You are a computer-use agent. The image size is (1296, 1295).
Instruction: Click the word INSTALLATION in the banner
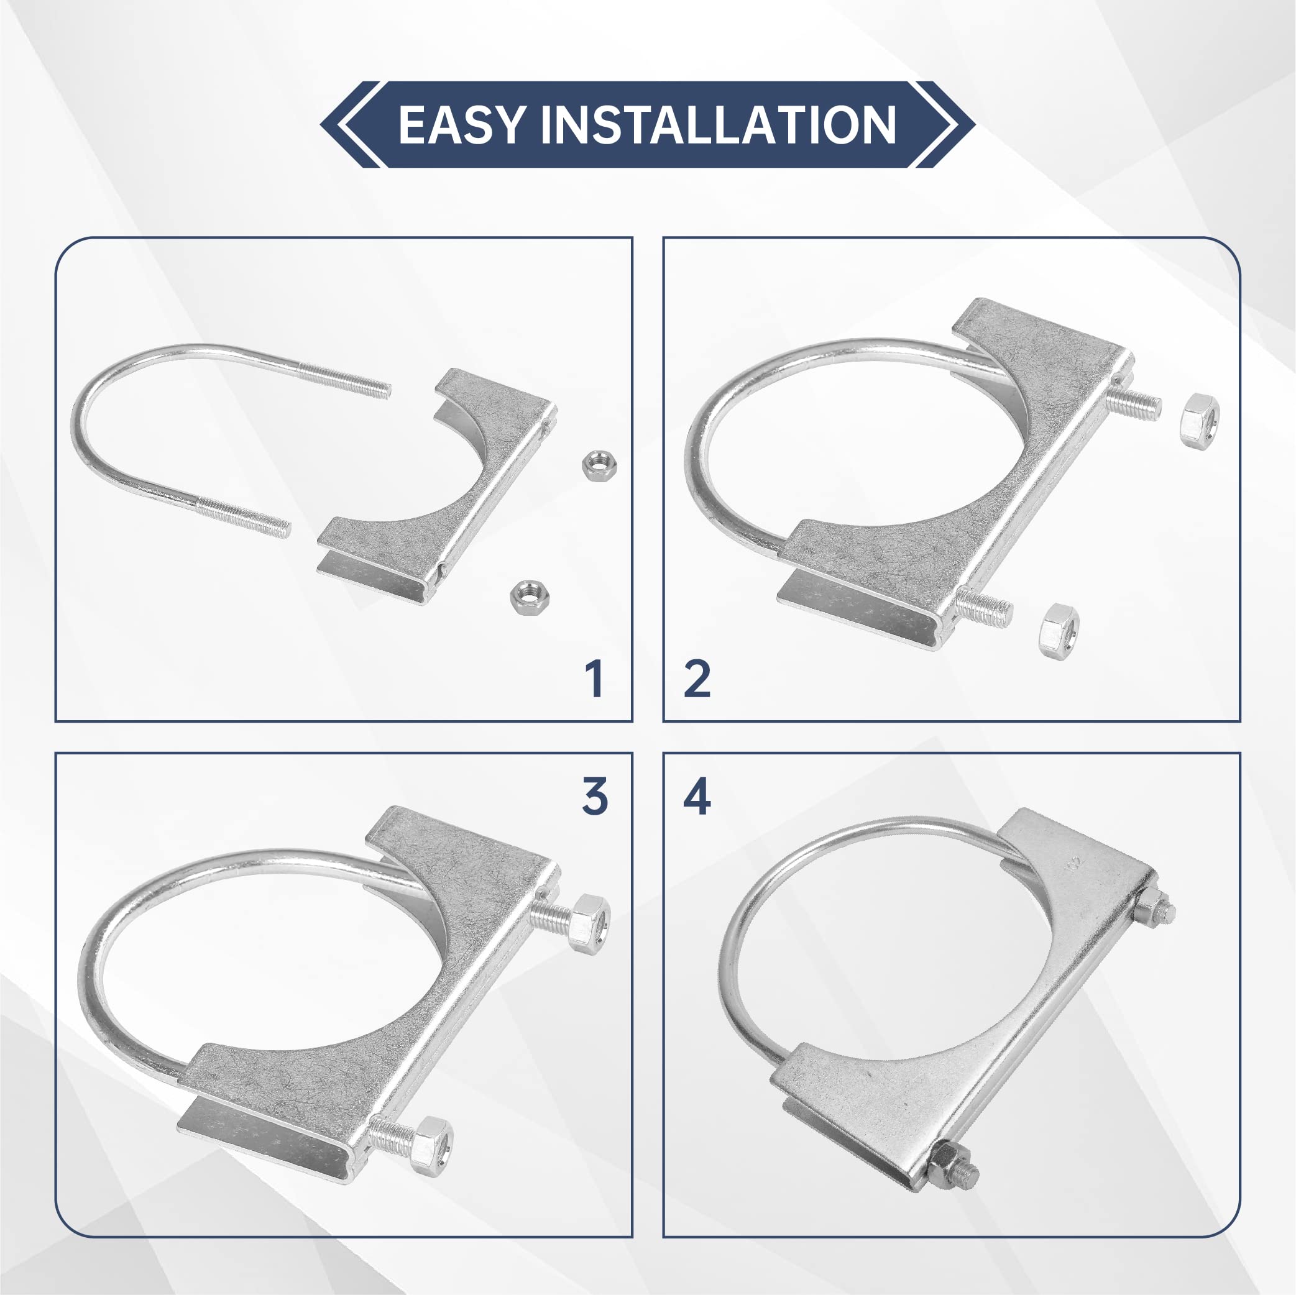[x=718, y=125]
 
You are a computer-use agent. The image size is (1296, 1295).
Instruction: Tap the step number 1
[x=594, y=679]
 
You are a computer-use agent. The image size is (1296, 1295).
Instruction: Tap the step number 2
[x=697, y=679]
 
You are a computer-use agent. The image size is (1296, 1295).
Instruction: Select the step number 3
[x=595, y=797]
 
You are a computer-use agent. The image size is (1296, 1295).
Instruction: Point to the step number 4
[x=697, y=797]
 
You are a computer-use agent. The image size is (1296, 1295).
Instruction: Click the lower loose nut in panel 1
[x=526, y=596]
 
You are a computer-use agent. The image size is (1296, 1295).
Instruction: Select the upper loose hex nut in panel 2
[x=1200, y=421]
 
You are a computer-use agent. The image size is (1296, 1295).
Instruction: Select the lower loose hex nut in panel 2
[x=1059, y=630]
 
